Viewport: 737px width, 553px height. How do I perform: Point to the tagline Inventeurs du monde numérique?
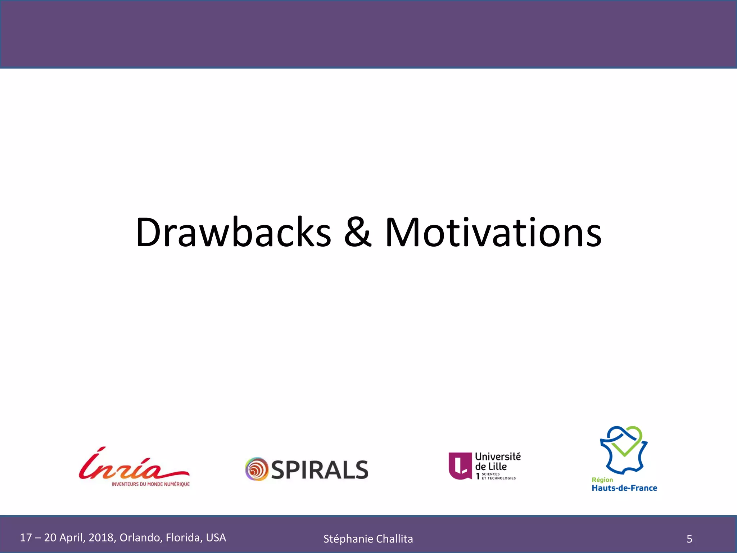tap(150, 484)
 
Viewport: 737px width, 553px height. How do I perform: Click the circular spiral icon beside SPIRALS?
tap(257, 469)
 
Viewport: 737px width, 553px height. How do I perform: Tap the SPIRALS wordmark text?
tap(320, 470)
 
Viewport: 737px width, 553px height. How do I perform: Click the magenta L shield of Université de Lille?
tap(460, 466)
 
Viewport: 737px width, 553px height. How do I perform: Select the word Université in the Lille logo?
tap(498, 457)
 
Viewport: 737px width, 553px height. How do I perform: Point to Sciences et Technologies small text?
tap(498, 476)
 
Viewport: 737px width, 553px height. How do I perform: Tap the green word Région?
tap(602, 480)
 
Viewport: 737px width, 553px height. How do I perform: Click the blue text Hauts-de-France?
tap(624, 488)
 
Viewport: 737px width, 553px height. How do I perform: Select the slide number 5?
tap(689, 539)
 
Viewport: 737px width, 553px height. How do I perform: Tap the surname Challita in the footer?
tap(394, 539)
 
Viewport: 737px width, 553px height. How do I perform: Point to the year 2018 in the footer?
tap(101, 538)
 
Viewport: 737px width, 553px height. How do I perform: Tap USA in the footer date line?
tap(216, 538)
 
